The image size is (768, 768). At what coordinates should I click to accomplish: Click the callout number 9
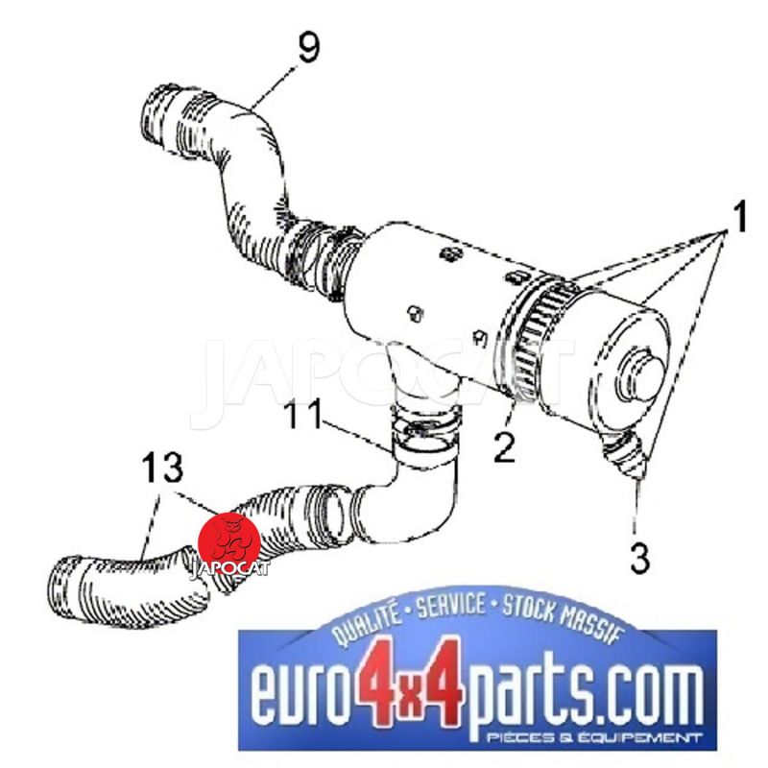point(308,47)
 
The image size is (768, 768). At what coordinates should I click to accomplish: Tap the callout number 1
point(738,215)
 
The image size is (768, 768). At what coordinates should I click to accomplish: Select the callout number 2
point(505,446)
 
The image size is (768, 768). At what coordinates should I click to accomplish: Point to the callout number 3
point(640,558)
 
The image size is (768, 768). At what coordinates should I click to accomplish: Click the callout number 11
point(303,414)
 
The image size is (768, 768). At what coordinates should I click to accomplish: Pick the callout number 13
point(162,467)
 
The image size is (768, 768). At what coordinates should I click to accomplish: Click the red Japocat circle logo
point(228,542)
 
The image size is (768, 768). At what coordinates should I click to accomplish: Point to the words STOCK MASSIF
point(564,618)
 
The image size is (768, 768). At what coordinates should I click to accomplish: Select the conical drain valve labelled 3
point(626,454)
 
